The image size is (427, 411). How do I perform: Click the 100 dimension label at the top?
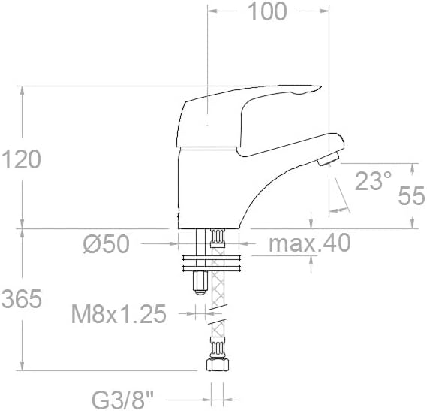tap(267, 11)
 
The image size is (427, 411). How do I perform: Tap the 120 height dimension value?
tap(21, 159)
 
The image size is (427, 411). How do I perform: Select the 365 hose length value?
tap(22, 298)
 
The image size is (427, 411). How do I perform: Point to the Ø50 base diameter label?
tap(107, 243)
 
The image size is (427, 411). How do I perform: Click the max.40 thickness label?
tap(310, 243)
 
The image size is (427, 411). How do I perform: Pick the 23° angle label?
tap(374, 180)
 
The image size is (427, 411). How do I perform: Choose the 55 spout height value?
tap(411, 195)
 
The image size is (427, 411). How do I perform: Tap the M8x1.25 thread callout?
tap(119, 313)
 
